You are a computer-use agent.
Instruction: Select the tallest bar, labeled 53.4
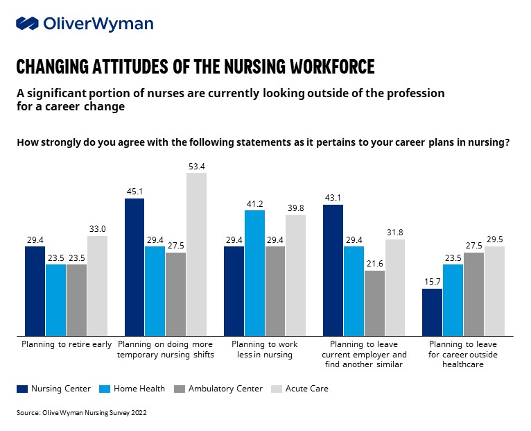pyautogui.click(x=196, y=253)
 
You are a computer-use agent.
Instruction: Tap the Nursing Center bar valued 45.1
pyautogui.click(x=134, y=267)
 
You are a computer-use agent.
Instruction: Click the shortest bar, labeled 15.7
pyautogui.click(x=433, y=311)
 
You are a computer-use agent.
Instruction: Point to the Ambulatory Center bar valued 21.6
pyautogui.click(x=374, y=302)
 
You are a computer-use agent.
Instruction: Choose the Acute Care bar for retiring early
pyautogui.click(x=97, y=285)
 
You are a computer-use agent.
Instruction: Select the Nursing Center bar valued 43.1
pyautogui.click(x=333, y=269)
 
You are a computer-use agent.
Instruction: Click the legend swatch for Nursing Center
pyautogui.click(x=22, y=389)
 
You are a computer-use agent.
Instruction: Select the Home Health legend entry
pyautogui.click(x=133, y=389)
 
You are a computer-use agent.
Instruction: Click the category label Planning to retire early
pyautogui.click(x=66, y=344)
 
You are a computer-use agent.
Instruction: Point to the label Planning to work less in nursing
pyautogui.click(x=264, y=349)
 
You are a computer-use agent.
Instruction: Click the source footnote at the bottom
pyautogui.click(x=82, y=412)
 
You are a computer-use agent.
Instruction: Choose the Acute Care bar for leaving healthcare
pyautogui.click(x=494, y=290)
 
